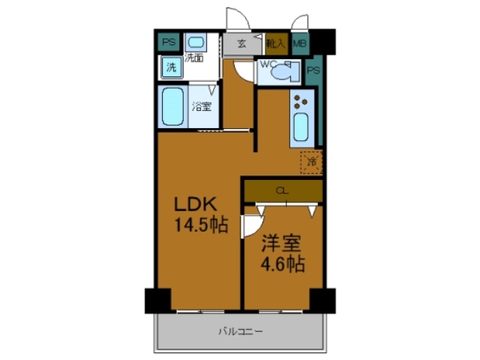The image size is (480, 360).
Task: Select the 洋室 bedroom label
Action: (282, 245)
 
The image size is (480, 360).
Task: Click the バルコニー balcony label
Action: (240, 331)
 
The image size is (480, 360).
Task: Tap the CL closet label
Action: (282, 190)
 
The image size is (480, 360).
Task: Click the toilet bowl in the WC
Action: (284, 73)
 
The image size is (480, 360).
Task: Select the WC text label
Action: (268, 64)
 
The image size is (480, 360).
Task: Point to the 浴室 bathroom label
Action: (201, 106)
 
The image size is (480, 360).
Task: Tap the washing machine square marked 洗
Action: (171, 67)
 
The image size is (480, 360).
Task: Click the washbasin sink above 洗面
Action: (196, 42)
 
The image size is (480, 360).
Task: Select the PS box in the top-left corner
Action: (168, 42)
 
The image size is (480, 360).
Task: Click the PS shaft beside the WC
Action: (313, 71)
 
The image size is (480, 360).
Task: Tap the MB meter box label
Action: (299, 43)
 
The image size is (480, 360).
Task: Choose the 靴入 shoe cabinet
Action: (275, 43)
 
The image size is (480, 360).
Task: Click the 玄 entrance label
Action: (242, 43)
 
